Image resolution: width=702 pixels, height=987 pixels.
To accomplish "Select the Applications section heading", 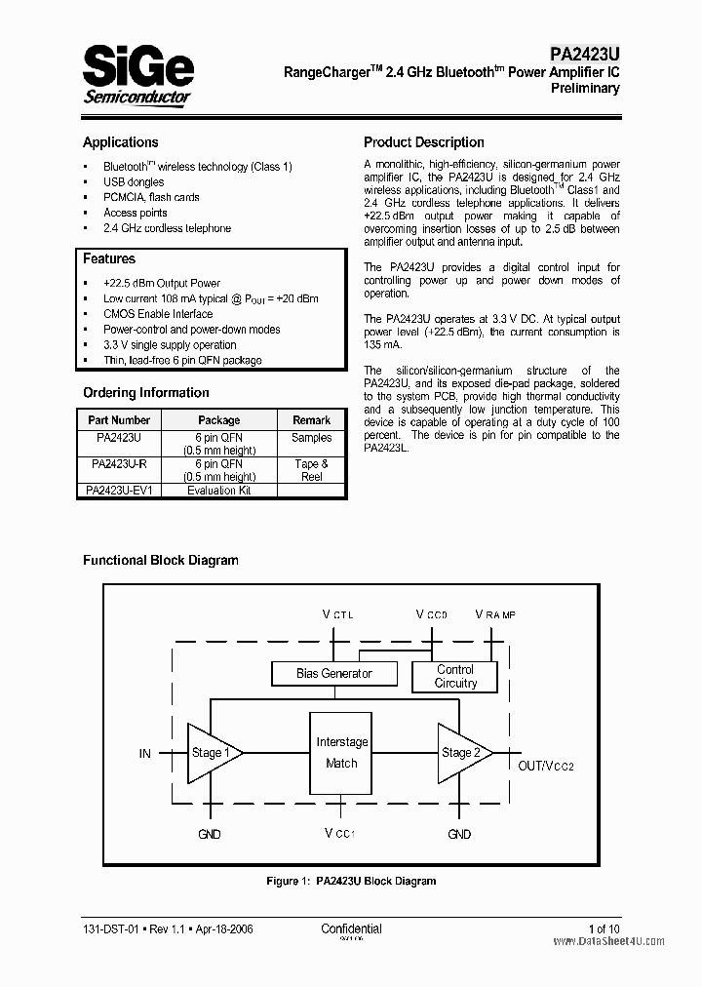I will click(120, 142).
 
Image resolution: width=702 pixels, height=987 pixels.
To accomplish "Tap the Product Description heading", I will click(423, 142).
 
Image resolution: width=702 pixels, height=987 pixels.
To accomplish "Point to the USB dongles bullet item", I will click(134, 182).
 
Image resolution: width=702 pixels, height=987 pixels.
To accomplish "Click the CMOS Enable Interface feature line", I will click(158, 314).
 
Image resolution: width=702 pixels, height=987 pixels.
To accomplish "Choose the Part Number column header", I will click(119, 420).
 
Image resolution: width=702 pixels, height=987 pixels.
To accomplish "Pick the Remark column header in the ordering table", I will click(311, 420).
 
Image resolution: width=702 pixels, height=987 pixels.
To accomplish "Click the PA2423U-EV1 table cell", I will click(119, 491).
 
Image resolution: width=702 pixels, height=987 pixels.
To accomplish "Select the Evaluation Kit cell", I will click(218, 491).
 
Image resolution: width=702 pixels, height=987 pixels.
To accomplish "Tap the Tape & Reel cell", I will click(311, 470).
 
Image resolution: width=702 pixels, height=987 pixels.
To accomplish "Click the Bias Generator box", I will click(333, 674).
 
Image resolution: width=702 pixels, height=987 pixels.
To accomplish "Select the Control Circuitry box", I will click(455, 676).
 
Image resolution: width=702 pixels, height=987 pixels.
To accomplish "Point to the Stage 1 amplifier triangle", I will click(210, 753).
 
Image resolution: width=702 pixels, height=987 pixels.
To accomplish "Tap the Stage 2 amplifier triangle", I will click(460, 753).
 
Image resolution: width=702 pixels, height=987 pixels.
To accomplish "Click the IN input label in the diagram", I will click(144, 754).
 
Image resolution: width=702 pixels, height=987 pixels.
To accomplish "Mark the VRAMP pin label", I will click(495, 613).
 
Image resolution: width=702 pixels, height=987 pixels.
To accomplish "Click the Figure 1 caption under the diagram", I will click(351, 881).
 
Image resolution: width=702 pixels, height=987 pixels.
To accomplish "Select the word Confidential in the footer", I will click(351, 929).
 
